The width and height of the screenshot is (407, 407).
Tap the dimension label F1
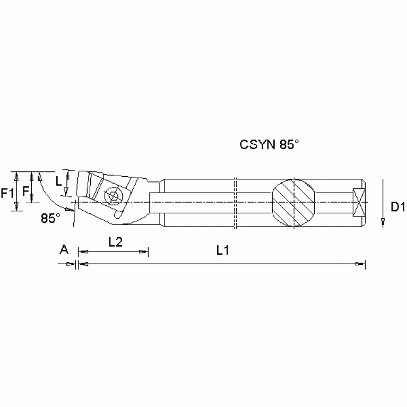7,194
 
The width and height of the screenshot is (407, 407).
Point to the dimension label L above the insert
58,181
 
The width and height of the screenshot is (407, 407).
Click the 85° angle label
50,218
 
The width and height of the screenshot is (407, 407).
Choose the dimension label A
64,249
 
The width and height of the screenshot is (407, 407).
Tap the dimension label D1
398,207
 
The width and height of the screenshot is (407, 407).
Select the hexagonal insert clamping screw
112,195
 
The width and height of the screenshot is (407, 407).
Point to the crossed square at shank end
359,202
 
